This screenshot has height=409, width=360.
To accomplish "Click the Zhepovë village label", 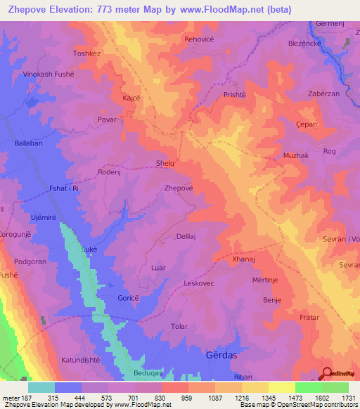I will (x=178, y=188).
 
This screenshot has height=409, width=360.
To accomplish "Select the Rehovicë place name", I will (x=201, y=39).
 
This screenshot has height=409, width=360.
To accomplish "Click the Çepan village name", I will (x=307, y=124).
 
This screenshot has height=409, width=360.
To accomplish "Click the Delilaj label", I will (x=190, y=237).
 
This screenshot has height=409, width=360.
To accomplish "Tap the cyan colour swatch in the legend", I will (x=41, y=387).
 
